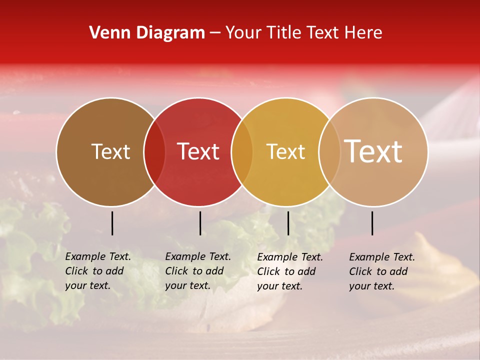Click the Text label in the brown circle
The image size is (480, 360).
110,151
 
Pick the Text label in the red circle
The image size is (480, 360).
198,151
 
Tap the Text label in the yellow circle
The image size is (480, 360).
285,151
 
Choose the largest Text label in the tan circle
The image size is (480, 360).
373,151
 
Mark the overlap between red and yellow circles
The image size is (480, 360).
242,151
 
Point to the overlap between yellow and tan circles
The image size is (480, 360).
329,151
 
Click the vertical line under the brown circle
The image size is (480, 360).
112,223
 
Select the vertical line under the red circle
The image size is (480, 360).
200,223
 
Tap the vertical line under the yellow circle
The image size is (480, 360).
288,223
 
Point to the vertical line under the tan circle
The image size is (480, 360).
372,223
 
